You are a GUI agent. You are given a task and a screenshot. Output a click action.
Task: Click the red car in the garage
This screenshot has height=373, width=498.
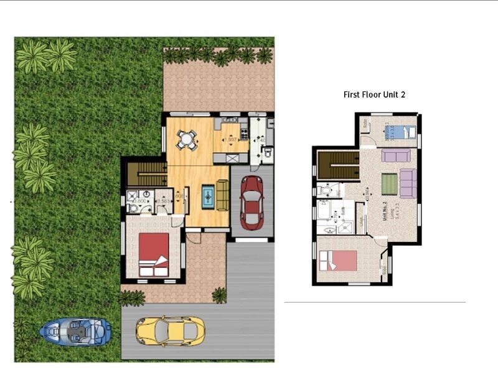click(x=251, y=200)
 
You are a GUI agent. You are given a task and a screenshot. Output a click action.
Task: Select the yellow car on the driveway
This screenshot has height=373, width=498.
click(x=170, y=331)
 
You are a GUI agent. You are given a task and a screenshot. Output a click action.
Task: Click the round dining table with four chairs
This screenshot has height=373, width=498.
click(x=186, y=140)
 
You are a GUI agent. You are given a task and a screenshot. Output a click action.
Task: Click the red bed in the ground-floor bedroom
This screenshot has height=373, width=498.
click(x=153, y=254)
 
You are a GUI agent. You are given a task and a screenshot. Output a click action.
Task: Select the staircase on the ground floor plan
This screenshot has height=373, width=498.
click(x=147, y=173)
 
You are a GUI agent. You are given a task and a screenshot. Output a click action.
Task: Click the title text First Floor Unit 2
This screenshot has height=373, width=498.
click(x=375, y=95)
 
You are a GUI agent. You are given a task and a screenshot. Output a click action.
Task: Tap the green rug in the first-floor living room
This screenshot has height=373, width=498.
click(x=389, y=183)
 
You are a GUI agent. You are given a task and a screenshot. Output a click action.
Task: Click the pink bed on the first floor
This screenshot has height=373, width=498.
click(x=338, y=260)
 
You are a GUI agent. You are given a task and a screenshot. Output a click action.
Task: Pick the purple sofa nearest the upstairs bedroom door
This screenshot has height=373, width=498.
click(x=395, y=155)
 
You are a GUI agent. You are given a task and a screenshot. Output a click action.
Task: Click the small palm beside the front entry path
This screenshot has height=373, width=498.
click(x=219, y=295)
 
